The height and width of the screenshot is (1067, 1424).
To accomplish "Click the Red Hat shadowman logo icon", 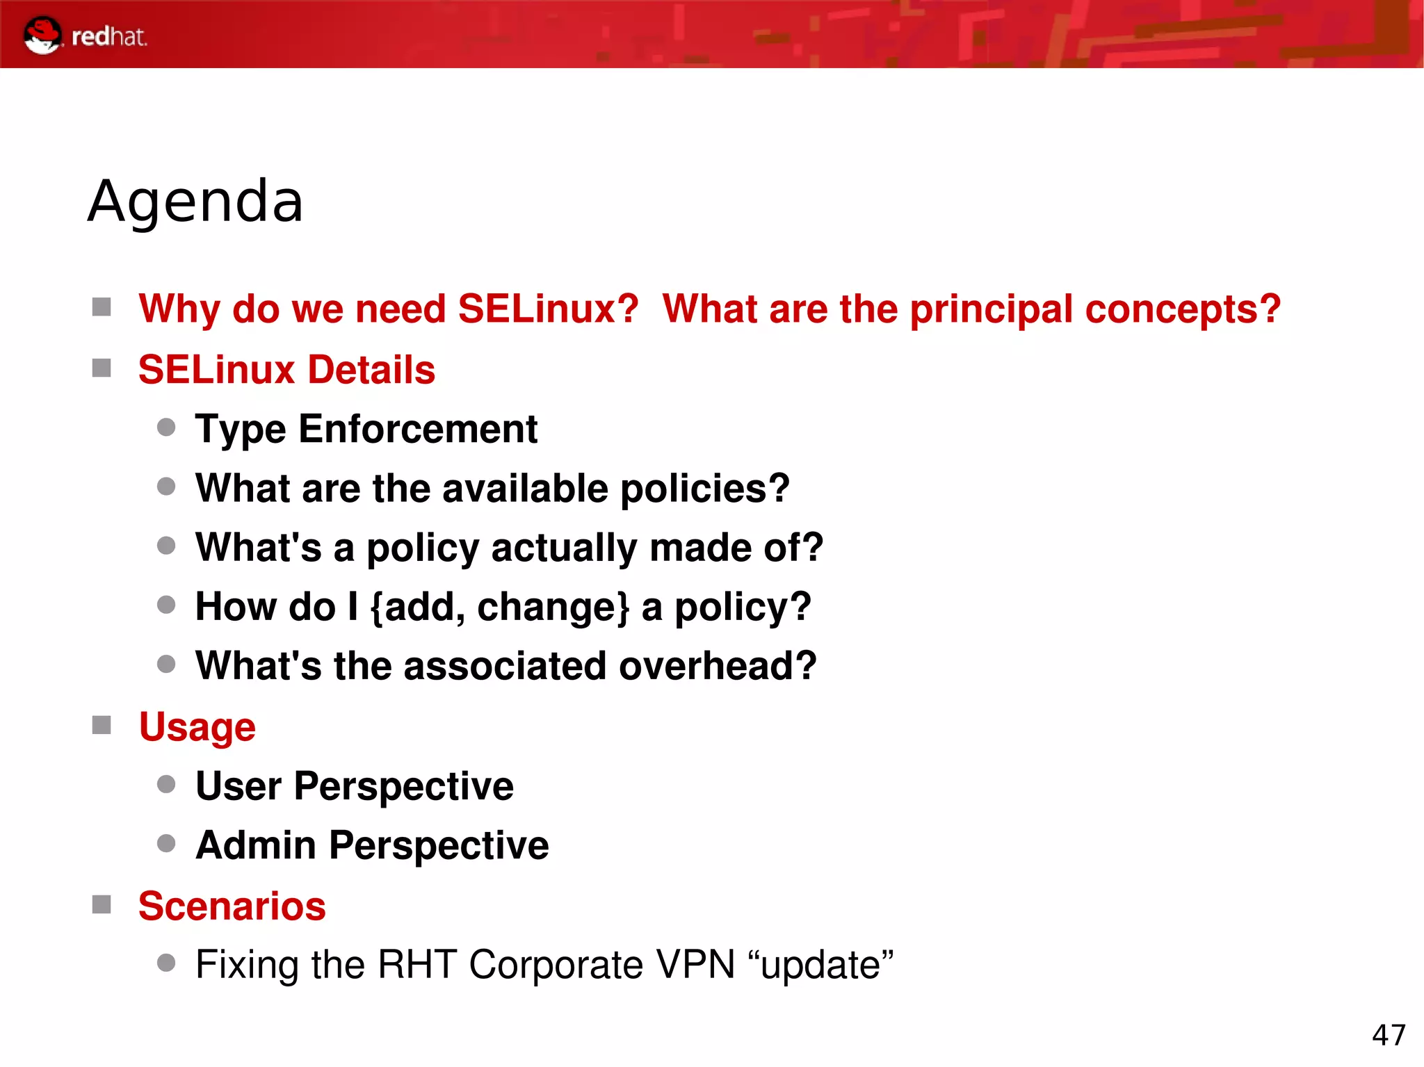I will tap(42, 35).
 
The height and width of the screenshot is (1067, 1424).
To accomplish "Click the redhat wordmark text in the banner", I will tap(109, 36).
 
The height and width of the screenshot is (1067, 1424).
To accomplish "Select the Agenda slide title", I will tap(195, 202).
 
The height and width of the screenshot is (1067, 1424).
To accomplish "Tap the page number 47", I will tap(1389, 1035).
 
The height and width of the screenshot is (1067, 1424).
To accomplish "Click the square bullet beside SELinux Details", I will tap(102, 368).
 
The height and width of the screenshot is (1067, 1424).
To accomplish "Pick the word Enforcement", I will tap(418, 429).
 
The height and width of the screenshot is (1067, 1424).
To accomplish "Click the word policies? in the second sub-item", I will tap(704, 489).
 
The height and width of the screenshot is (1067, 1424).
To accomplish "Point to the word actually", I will tap(564, 548).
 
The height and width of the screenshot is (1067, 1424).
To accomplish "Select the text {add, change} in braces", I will tap(499, 607).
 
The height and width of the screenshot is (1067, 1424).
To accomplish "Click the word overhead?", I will tap(717, 666).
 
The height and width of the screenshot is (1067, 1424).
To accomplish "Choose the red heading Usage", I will tap(197, 727).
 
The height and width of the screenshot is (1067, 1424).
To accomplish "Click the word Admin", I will tap(256, 846).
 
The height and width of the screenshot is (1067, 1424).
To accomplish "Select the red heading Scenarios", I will tap(232, 906).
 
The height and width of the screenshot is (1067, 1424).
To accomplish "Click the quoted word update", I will tap(820, 966).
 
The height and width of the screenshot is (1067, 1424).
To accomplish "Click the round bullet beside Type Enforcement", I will tap(166, 427).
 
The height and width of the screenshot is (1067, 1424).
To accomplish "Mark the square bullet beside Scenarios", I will tap(102, 904).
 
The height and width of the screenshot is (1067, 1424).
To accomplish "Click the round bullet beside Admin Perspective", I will tap(166, 844).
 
